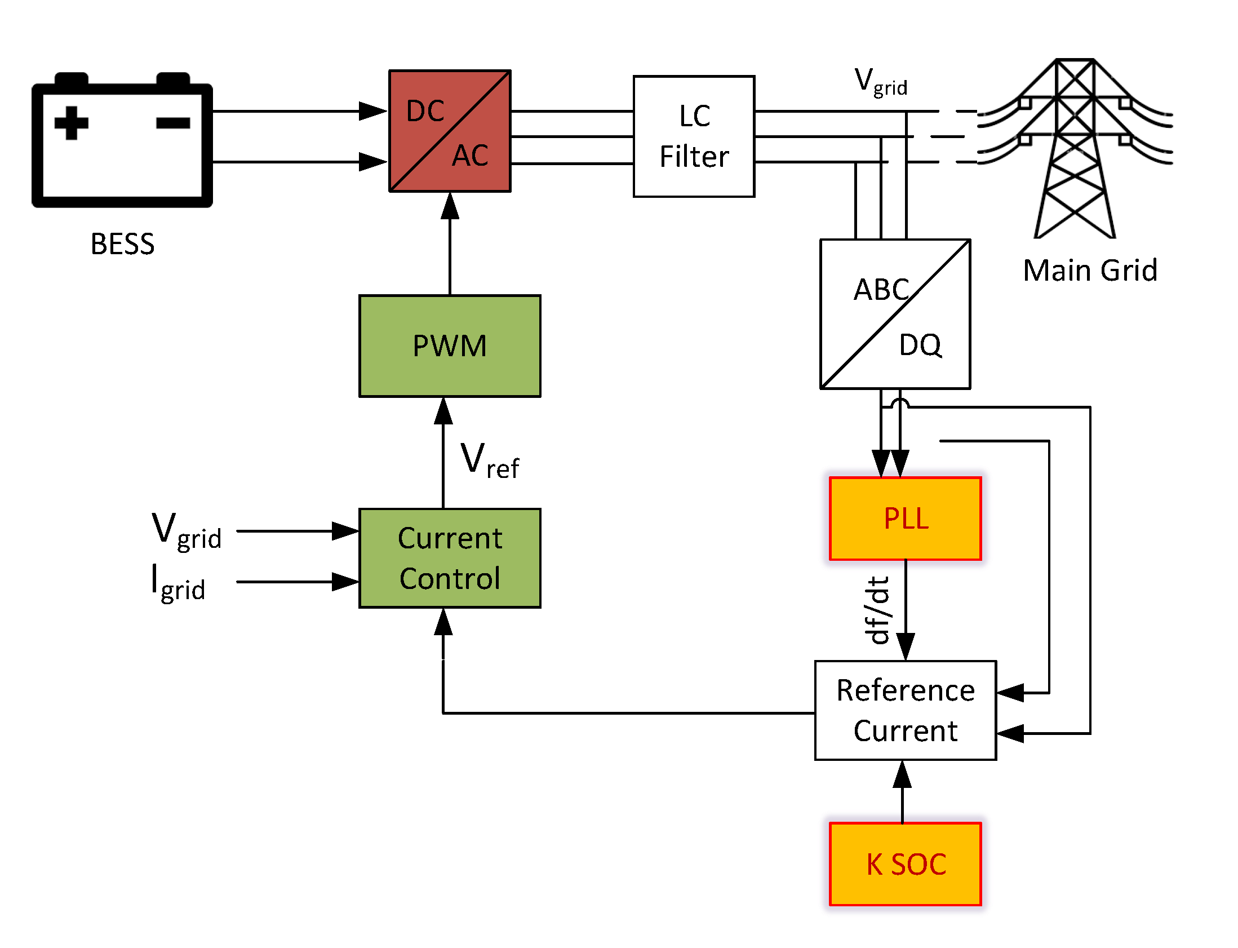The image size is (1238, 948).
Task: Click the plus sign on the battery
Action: click(x=71, y=122)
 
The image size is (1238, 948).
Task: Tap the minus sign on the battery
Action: click(x=172, y=122)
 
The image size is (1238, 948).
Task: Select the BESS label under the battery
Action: click(x=122, y=245)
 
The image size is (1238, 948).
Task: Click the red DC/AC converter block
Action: click(x=450, y=131)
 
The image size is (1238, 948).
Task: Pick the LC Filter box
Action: click(x=694, y=136)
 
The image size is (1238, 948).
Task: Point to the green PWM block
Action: click(x=450, y=346)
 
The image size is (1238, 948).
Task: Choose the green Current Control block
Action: click(x=450, y=558)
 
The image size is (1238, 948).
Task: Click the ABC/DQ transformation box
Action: click(x=895, y=314)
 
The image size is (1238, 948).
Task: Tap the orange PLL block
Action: click(x=905, y=519)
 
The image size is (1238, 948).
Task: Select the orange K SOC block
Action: click(x=905, y=864)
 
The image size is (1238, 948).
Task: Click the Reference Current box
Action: click(x=905, y=710)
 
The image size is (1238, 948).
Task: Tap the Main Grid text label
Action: click(x=1090, y=271)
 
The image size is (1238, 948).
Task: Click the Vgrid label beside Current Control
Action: click(x=186, y=531)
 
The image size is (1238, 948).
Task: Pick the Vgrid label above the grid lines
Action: click(x=880, y=82)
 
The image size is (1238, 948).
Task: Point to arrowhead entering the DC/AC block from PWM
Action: click(x=450, y=206)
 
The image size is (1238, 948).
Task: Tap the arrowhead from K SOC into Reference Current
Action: click(x=902, y=774)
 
